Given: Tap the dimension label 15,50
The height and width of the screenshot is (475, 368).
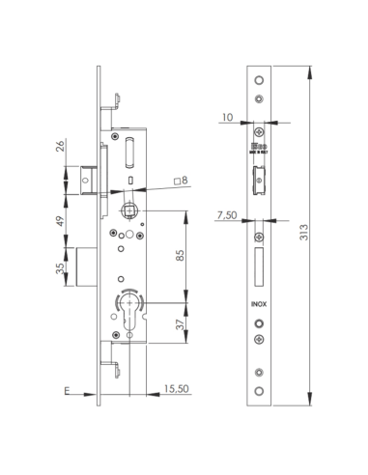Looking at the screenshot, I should [x=174, y=391].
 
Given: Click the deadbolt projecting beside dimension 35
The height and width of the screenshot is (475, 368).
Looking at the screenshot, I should [x=87, y=265].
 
